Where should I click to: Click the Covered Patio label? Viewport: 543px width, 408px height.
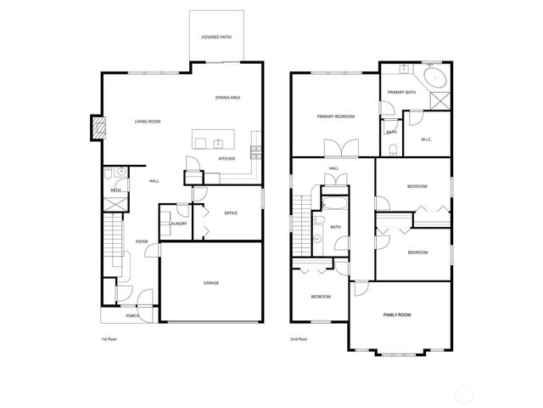[x=216, y=37]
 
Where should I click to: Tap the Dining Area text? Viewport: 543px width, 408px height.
[x=227, y=98]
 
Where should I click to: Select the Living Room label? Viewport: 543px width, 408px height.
[x=147, y=122]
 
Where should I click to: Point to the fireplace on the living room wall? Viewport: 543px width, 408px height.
[x=98, y=128]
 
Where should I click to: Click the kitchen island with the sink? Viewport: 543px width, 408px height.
[x=217, y=141]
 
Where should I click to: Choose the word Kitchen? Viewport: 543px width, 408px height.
[x=227, y=159]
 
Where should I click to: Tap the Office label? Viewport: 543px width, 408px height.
[x=230, y=213]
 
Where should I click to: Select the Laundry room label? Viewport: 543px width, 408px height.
[x=178, y=224]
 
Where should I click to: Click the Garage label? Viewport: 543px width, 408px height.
[x=210, y=283]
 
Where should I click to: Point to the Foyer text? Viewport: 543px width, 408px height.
[x=142, y=241]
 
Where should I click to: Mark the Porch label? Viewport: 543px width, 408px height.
[x=132, y=315]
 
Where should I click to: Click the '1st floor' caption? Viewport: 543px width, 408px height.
[x=109, y=339]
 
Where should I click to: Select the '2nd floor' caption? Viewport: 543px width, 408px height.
[x=298, y=339]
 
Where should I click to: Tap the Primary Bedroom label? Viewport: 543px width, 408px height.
[x=336, y=116]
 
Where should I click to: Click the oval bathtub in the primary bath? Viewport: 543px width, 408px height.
[x=435, y=79]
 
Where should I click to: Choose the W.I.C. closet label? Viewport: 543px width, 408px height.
[x=428, y=139]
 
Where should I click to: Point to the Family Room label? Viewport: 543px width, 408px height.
[x=398, y=315]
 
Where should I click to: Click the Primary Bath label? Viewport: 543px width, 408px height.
[x=400, y=92]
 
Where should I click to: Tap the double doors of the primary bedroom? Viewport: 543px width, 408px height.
[x=344, y=150]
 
